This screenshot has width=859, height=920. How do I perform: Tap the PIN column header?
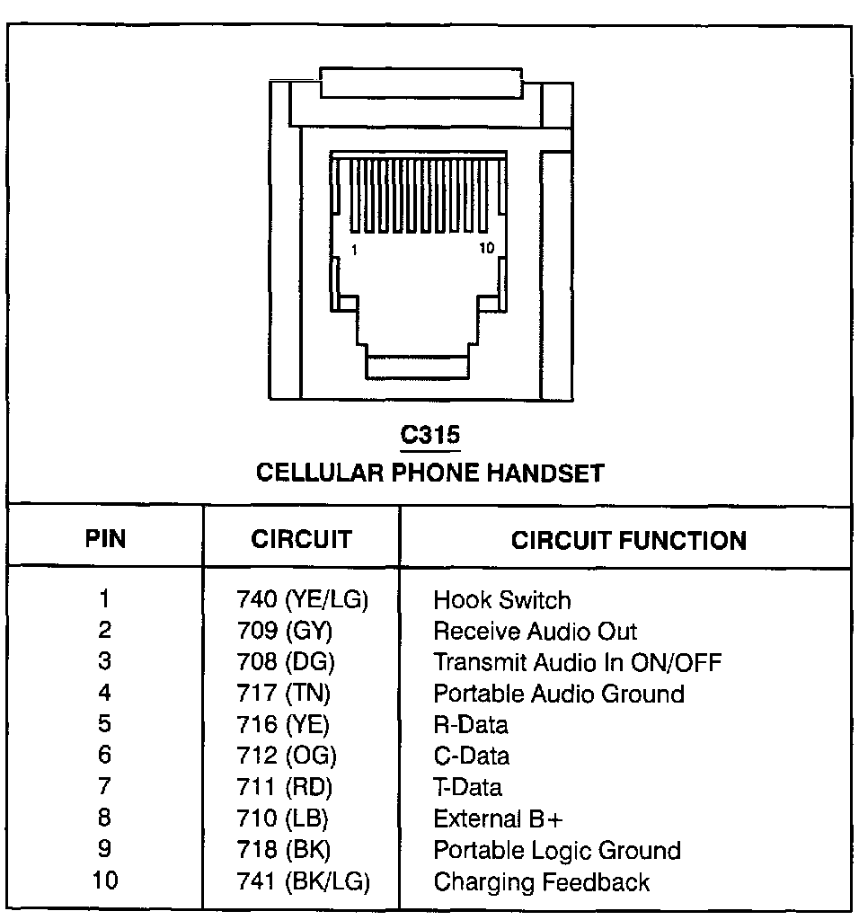click(105, 539)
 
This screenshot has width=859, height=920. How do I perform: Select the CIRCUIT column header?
click(301, 539)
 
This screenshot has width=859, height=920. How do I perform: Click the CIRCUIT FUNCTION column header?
click(628, 540)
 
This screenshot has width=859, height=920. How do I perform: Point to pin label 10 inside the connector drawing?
click(486, 249)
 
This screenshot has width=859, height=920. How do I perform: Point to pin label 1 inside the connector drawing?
click(355, 251)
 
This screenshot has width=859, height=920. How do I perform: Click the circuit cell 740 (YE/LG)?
click(302, 600)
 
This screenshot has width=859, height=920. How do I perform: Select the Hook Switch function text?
click(501, 600)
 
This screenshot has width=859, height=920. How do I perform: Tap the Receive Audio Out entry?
click(535, 632)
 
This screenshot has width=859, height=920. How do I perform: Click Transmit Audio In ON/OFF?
click(577, 663)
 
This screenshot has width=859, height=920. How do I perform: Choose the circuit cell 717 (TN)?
click(283, 694)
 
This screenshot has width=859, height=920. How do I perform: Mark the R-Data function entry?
click(470, 725)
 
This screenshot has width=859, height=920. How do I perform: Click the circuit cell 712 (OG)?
click(286, 756)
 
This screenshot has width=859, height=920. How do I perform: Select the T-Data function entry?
click(467, 788)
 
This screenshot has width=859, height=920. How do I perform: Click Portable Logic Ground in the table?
click(556, 850)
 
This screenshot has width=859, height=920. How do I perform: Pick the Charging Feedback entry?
click(541, 881)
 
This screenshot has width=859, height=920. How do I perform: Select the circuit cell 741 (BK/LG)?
click(303, 881)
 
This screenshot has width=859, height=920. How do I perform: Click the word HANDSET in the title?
click(545, 473)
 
